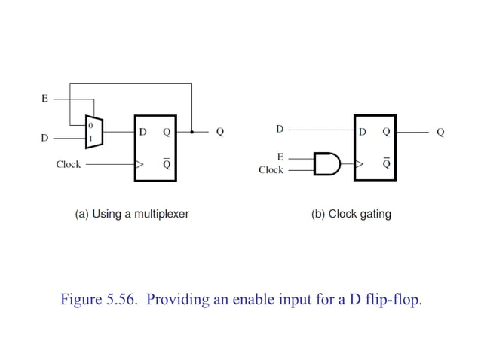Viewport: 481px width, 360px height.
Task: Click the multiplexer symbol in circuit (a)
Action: [93, 133]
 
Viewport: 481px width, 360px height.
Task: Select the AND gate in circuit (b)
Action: [326, 163]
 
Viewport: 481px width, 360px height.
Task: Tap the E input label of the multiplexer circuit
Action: [44, 98]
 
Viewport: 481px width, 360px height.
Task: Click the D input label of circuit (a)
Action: [44, 139]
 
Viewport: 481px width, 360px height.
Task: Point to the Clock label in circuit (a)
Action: [68, 164]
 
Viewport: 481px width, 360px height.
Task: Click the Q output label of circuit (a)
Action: [220, 132]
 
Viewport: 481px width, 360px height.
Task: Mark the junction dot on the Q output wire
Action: [192, 132]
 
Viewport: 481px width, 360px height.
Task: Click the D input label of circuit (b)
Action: [280, 129]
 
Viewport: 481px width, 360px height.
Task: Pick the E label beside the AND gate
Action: [280, 157]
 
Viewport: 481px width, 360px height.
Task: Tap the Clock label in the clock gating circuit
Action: [271, 170]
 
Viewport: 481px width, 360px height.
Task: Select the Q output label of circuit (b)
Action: [440, 132]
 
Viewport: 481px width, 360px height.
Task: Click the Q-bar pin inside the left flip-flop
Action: [166, 164]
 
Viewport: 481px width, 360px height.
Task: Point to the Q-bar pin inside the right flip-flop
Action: [386, 163]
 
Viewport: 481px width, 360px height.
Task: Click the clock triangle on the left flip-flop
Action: [139, 163]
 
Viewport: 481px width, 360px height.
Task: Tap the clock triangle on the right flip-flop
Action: [359, 163]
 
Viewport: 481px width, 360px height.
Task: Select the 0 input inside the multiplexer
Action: [90, 125]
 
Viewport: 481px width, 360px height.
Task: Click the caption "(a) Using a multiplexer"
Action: [132, 214]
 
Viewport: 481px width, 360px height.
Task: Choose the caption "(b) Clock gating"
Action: [351, 214]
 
